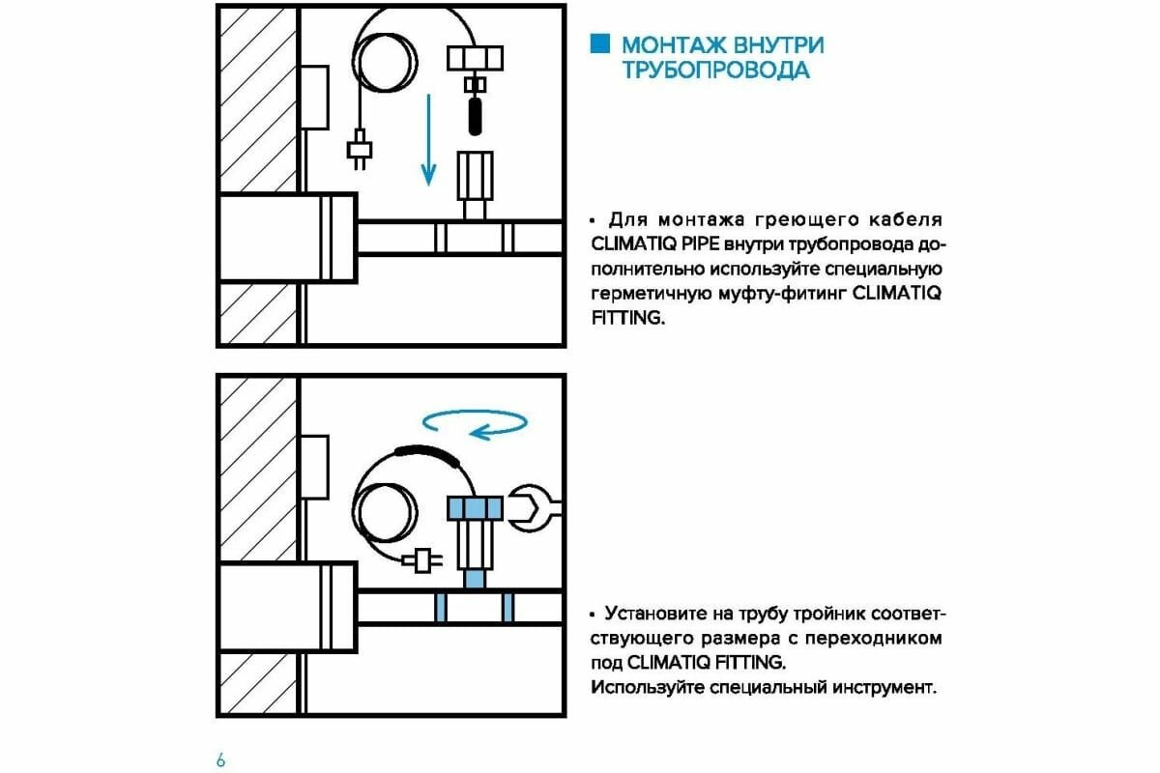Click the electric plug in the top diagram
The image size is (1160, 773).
[358, 152]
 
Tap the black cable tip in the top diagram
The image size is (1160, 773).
[475, 119]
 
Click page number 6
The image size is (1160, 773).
[220, 759]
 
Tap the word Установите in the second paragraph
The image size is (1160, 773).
[653, 615]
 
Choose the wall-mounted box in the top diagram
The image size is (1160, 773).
[315, 97]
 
